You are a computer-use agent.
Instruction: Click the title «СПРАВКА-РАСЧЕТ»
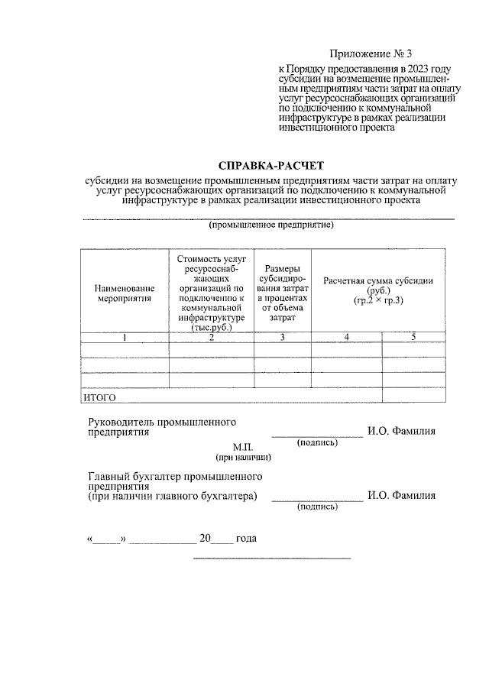(271, 165)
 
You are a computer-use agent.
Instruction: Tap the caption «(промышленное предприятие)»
(272, 226)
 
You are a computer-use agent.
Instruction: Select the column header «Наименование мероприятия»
(124, 293)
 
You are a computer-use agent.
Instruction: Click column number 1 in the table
(124, 337)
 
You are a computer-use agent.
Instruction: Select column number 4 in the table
(346, 337)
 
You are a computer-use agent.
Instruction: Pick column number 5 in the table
(413, 337)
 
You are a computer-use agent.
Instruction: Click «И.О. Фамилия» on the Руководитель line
(401, 431)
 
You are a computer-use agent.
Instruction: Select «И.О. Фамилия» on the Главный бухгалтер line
(401, 495)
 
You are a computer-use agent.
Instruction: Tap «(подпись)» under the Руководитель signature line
(317, 442)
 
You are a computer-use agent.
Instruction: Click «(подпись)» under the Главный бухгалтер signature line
(317, 507)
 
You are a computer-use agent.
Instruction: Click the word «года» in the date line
(246, 539)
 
